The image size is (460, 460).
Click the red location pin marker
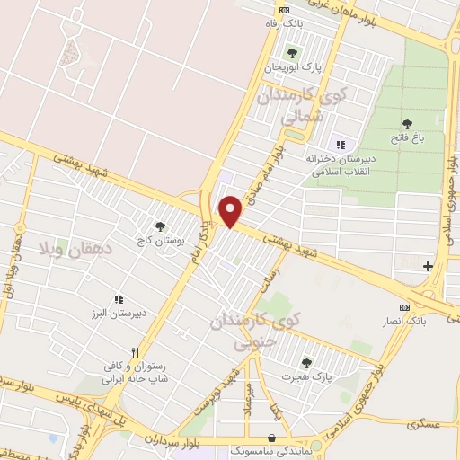232,212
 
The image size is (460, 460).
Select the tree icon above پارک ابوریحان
291,50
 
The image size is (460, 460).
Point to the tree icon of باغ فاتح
407,123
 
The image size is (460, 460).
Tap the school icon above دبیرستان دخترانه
340,144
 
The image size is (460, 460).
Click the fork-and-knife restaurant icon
135,352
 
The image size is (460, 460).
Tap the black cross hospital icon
428,266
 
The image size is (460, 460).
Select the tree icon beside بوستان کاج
160,228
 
